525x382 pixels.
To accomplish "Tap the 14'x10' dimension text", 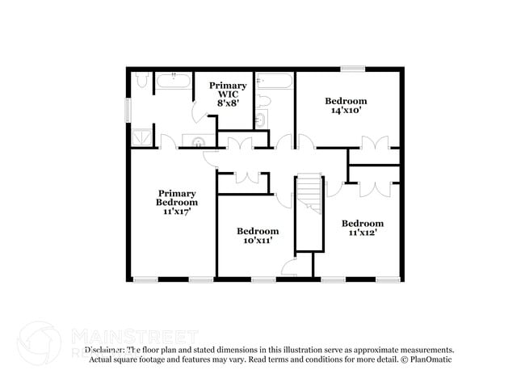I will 346,111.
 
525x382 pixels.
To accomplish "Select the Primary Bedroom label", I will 177,197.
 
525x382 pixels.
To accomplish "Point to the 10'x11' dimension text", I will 257,241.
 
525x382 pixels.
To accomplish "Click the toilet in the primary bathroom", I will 141,80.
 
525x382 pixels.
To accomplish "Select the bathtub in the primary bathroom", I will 172,81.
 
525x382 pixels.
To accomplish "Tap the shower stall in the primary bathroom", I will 141,136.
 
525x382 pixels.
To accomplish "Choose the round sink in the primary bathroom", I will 199,141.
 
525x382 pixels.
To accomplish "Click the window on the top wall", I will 351,69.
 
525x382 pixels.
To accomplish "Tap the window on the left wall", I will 126,109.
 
